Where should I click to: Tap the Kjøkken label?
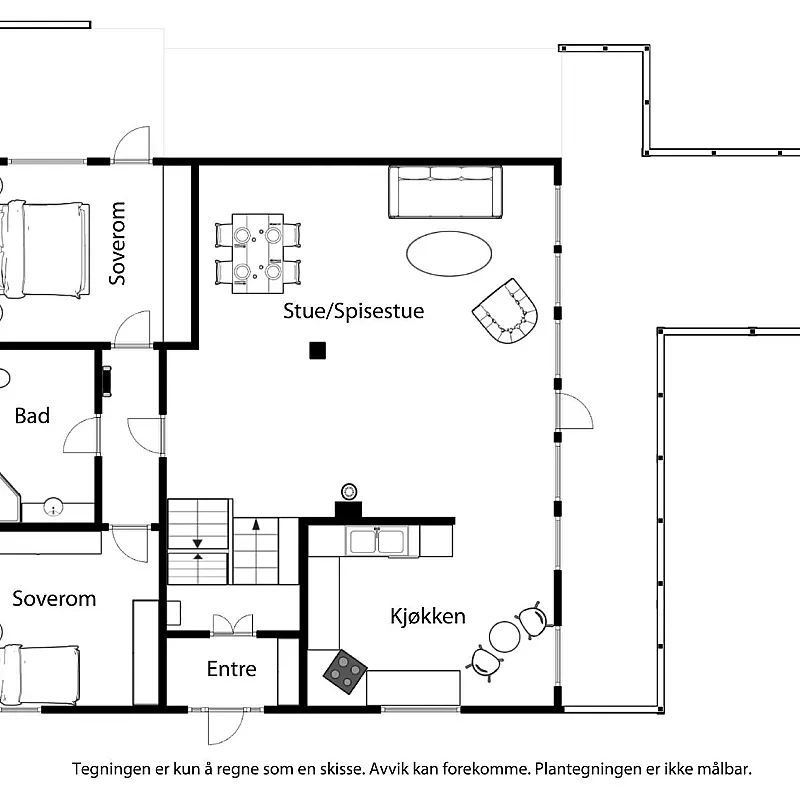click(427, 616)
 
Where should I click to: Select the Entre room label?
click(231, 669)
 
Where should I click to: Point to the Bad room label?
click(32, 416)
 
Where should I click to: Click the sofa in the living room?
click(445, 192)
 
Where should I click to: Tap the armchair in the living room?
click(506, 311)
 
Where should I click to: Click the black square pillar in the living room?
click(317, 350)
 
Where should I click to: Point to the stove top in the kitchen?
click(345, 671)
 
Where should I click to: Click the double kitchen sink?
click(377, 541)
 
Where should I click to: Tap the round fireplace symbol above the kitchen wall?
click(349, 491)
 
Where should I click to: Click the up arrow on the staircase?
click(256, 523)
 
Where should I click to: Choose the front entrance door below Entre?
click(225, 722)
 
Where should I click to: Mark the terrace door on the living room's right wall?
click(572, 410)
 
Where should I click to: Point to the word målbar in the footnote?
click(721, 770)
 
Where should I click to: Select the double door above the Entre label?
click(233, 626)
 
